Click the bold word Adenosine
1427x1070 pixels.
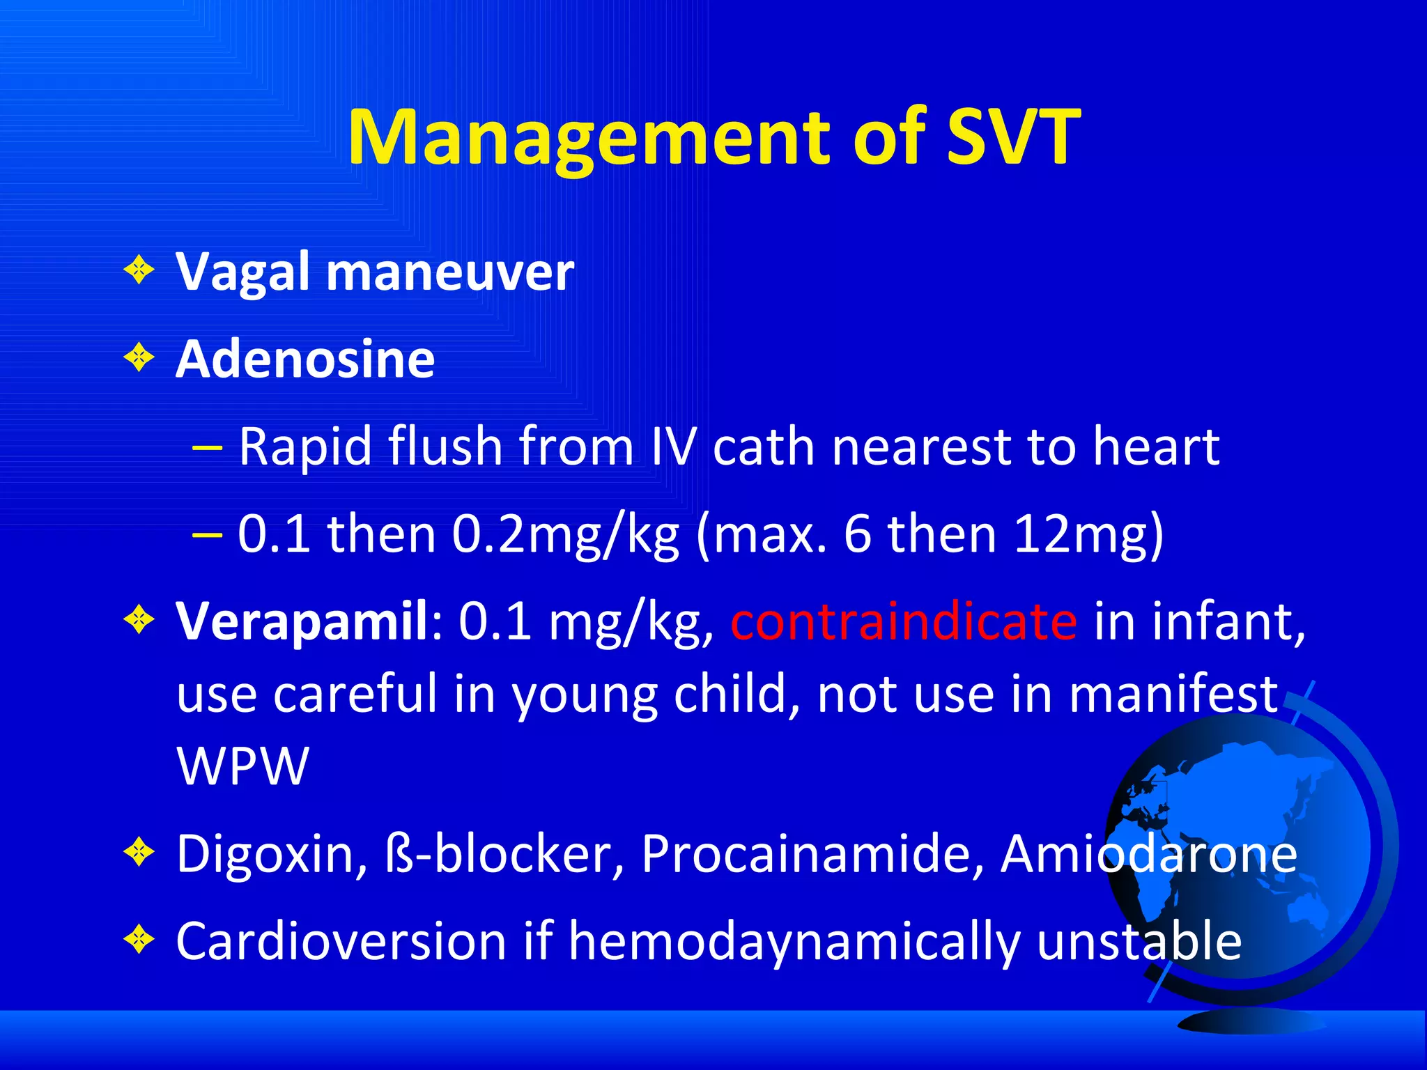pos(305,359)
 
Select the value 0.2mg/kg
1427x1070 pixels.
pos(565,535)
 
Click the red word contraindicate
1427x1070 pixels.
pos(904,621)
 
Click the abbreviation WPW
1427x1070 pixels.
pos(242,766)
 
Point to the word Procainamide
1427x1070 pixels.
pos(812,854)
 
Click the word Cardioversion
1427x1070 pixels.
pos(341,942)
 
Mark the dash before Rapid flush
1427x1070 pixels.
pos(207,447)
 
